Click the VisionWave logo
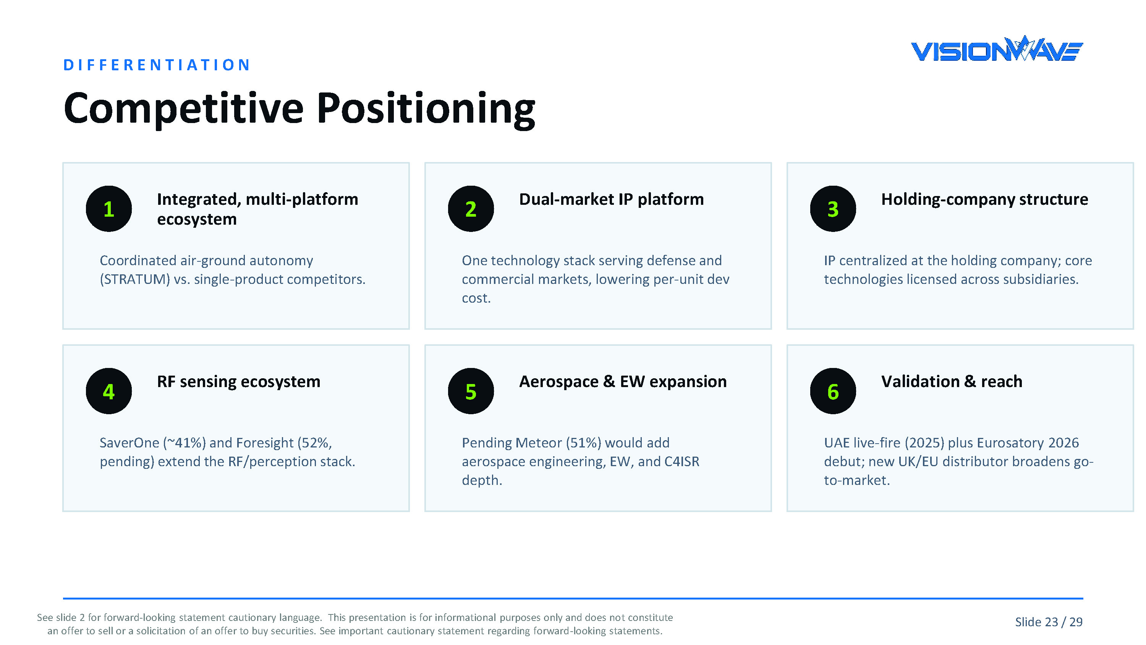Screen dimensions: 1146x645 pos(997,49)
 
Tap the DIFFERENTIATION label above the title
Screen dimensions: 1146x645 pos(157,65)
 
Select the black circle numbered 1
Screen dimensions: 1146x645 pos(108,209)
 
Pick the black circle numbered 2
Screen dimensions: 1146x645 pos(471,209)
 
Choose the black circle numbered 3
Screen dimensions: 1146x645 pos(833,209)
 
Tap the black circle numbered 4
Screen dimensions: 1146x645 pos(108,391)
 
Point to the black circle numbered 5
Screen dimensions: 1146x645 pos(471,391)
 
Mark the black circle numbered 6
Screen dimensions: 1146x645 pos(833,391)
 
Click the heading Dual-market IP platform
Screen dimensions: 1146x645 pos(611,199)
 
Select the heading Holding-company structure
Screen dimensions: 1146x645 pos(984,199)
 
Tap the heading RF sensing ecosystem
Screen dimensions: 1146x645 pos(238,382)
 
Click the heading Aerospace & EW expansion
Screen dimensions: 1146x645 pos(623,382)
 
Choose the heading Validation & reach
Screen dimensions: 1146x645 pos(952,382)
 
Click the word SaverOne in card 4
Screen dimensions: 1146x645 pos(129,443)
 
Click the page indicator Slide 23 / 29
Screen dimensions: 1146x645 pos(1049,622)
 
